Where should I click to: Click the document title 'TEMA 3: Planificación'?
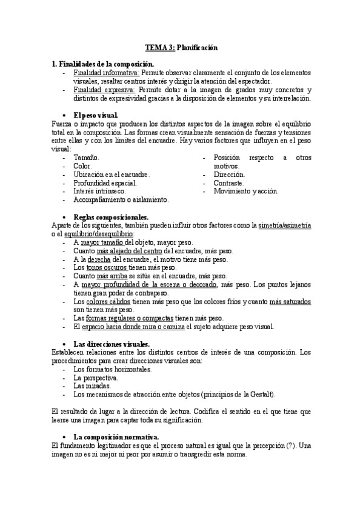coord(181,47)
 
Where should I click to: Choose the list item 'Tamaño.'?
coord(86,157)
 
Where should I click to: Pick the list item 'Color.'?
coord(82,165)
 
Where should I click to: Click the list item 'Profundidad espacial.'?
coord(105,182)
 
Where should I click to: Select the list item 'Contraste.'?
coord(229,182)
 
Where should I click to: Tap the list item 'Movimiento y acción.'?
coord(246,191)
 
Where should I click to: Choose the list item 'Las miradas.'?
coord(92,385)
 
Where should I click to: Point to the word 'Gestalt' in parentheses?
coord(259,394)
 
